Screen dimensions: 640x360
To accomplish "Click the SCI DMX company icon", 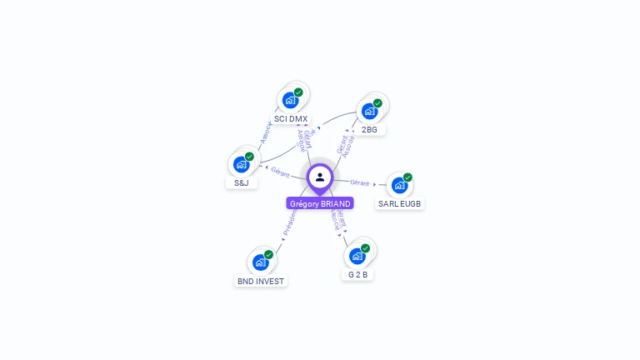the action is click(x=290, y=100).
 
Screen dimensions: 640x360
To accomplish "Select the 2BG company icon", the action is click(x=369, y=111).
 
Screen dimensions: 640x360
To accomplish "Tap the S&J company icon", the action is click(x=241, y=164).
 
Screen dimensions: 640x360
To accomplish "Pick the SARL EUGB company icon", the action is click(x=399, y=185).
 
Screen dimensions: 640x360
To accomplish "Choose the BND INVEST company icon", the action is click(x=260, y=262).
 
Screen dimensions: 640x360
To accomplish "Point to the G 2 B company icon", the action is click(x=357, y=256).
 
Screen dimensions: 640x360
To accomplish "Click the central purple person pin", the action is click(x=320, y=177).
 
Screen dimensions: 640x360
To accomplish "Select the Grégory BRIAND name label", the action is click(x=320, y=203).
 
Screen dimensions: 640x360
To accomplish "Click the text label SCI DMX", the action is click(x=291, y=119).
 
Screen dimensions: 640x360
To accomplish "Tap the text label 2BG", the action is click(x=369, y=130).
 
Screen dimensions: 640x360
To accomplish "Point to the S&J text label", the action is click(x=241, y=183).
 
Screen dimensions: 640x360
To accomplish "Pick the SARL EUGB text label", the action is click(x=400, y=204).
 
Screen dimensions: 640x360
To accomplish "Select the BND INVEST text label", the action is click(x=261, y=282).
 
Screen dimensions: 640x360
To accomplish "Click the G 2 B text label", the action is click(x=358, y=275).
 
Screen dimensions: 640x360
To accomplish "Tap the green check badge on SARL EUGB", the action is click(x=407, y=177).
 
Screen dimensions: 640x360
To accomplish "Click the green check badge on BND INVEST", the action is click(x=268, y=254).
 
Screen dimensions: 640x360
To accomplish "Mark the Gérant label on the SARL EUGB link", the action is click(x=360, y=182).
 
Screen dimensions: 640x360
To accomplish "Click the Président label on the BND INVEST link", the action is click(x=289, y=225).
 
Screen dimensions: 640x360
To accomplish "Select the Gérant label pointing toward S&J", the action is click(x=280, y=172).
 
